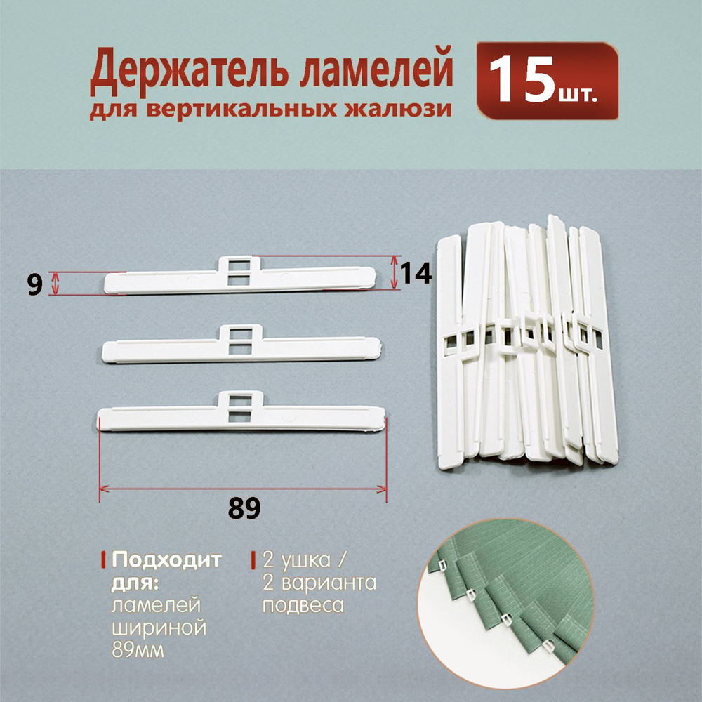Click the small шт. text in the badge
(578, 95)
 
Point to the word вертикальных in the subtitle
(241, 110)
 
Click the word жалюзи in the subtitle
(397, 110)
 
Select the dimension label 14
(416, 273)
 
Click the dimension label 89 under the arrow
(244, 508)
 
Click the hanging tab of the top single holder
(239, 270)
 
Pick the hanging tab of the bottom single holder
(240, 406)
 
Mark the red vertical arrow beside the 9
(55, 284)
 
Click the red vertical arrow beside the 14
(394, 272)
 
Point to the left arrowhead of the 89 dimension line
(103, 489)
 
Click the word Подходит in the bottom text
(166, 559)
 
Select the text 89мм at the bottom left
(138, 650)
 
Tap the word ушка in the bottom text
(304, 560)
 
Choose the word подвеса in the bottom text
(303, 606)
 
